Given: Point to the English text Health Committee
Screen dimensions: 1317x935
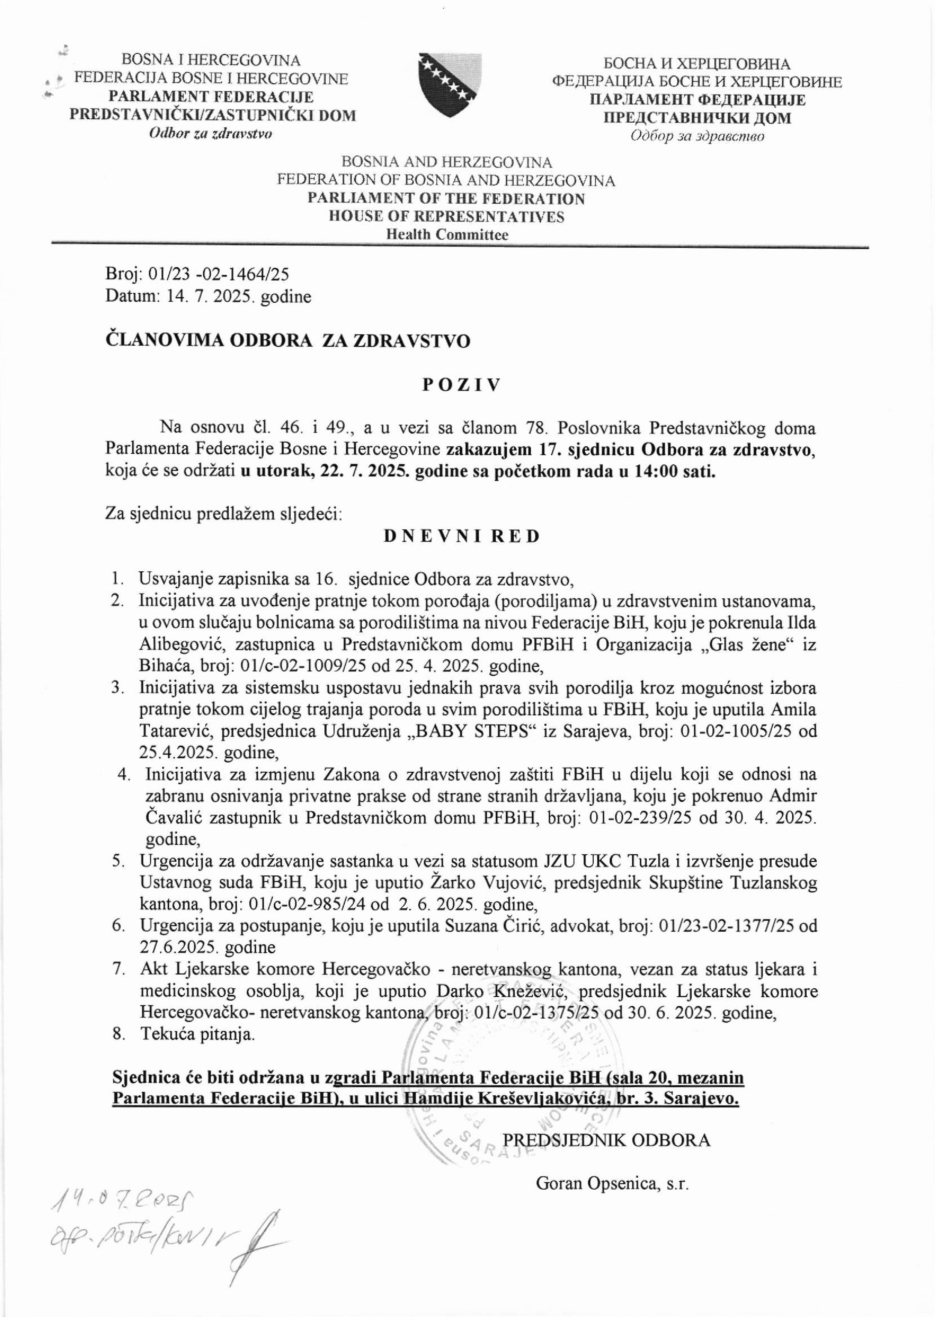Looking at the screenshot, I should pos(447,235).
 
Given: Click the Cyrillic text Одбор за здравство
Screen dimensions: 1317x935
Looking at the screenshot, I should pos(697,136).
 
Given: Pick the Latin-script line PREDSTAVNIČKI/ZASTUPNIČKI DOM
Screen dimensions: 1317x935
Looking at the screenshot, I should pos(213,115).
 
